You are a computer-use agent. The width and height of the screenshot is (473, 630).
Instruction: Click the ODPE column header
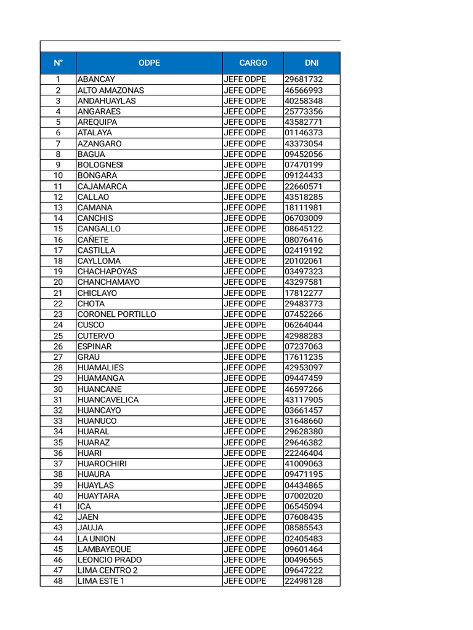(149, 63)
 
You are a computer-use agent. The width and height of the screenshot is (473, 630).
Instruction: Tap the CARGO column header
(253, 63)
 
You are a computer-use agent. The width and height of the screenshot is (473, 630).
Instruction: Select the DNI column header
(312, 63)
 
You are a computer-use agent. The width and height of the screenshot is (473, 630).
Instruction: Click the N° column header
(58, 63)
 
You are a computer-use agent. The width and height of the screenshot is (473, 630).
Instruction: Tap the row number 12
(58, 197)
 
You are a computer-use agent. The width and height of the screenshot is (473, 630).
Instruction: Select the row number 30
(58, 389)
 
